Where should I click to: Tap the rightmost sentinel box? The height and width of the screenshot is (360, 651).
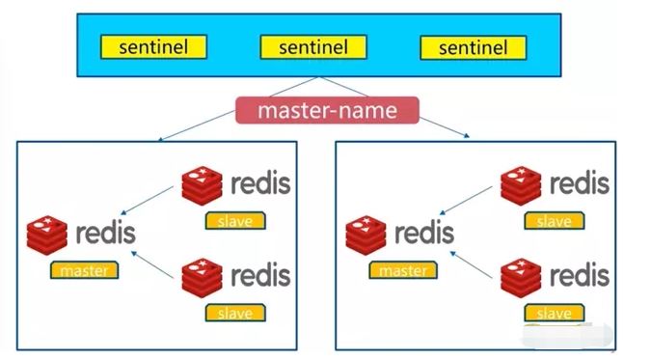click(473, 47)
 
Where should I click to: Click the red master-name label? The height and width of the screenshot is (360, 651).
click(327, 110)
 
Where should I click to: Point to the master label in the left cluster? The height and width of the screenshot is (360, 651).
click(85, 270)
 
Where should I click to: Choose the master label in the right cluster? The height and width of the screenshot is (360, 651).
click(402, 270)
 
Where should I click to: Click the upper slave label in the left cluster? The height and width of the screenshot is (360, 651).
click(235, 220)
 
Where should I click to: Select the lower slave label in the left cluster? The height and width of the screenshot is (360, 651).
click(235, 313)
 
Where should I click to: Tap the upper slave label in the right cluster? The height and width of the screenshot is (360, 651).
click(554, 221)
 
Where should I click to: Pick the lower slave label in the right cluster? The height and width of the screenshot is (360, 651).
click(554, 314)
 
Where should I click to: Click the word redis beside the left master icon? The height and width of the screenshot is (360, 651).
click(104, 234)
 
